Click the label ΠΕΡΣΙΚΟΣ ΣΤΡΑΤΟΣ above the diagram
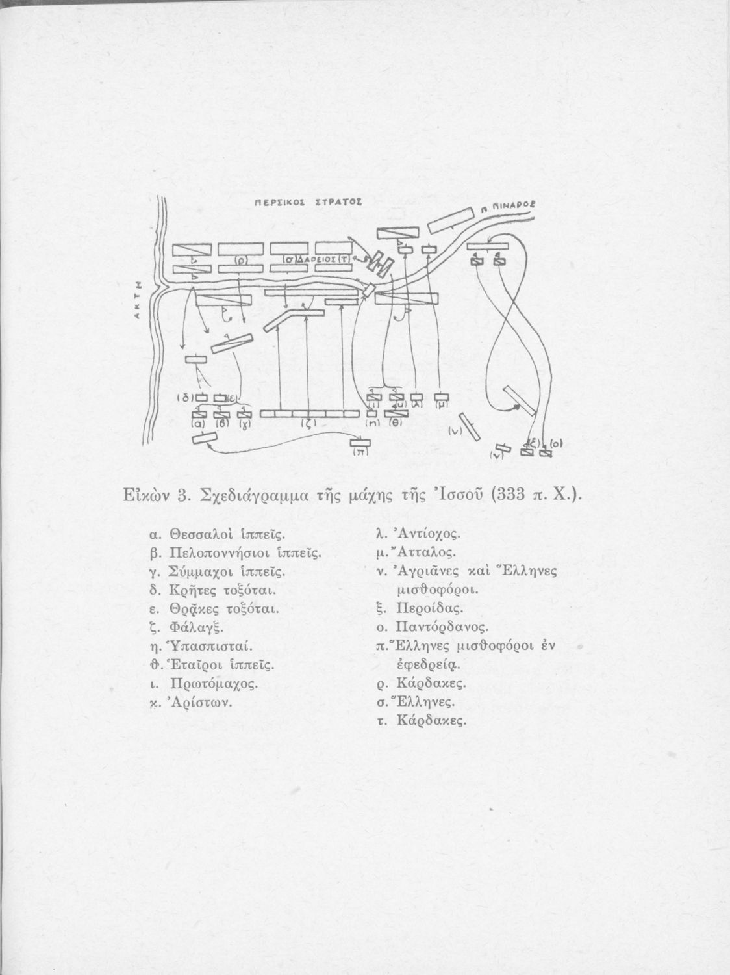[x=308, y=203]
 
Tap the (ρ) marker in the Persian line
[x=240, y=259]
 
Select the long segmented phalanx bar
[x=309, y=413]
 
